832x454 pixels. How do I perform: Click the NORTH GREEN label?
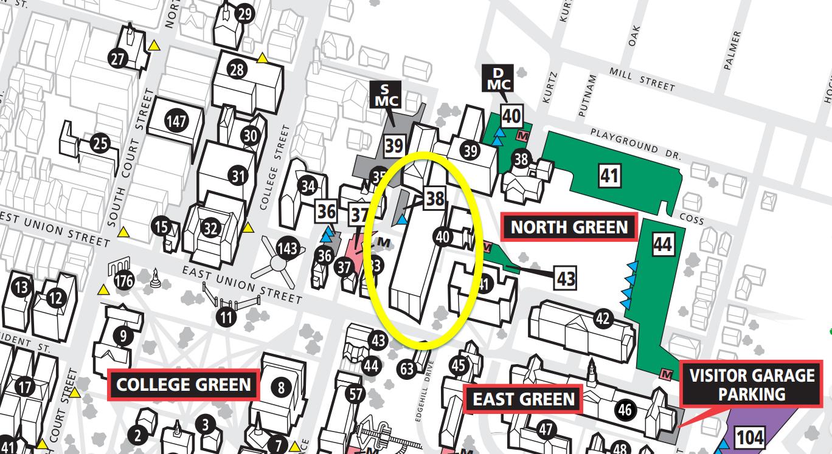click(x=569, y=227)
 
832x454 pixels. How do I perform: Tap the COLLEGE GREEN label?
click(x=183, y=385)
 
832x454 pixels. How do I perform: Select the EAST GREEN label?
click(x=524, y=399)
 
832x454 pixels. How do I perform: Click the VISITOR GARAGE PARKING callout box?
click(x=751, y=385)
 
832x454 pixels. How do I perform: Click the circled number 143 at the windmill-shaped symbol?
click(x=287, y=249)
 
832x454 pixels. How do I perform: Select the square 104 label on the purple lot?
click(x=751, y=438)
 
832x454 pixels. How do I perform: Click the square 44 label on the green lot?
click(x=663, y=244)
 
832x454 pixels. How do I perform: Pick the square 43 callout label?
click(x=566, y=279)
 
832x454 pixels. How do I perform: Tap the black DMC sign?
click(x=498, y=77)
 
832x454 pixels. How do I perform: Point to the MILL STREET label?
click(x=642, y=80)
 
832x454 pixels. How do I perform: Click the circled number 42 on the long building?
click(x=602, y=318)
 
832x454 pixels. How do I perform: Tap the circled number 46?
click(x=625, y=409)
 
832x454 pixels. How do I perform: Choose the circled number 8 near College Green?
click(x=280, y=387)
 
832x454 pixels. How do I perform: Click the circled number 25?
click(x=100, y=144)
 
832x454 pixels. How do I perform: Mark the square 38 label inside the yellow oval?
click(x=435, y=198)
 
